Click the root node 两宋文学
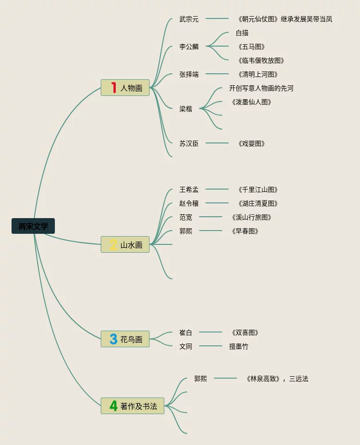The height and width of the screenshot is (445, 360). pyautogui.click(x=33, y=226)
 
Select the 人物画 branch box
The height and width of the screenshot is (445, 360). pyautogui.click(x=125, y=88)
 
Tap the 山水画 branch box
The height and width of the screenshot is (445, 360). pyautogui.click(x=125, y=244)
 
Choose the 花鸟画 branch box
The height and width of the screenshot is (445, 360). pyautogui.click(x=125, y=339)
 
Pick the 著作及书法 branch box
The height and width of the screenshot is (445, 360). pyautogui.click(x=133, y=406)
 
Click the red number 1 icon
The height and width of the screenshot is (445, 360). pyautogui.click(x=113, y=88)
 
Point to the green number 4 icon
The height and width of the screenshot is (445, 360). pyautogui.click(x=113, y=406)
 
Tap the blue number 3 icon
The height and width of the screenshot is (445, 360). pyautogui.click(x=113, y=339)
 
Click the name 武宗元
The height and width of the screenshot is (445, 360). pyautogui.click(x=189, y=19)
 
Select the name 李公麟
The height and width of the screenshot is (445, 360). pyautogui.click(x=189, y=47)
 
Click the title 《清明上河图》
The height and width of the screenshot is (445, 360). pyautogui.click(x=258, y=74)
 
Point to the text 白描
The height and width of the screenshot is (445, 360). pyautogui.click(x=242, y=33)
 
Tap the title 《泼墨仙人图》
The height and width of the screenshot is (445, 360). pyautogui.click(x=251, y=102)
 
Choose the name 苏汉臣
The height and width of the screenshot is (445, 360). pyautogui.click(x=189, y=143)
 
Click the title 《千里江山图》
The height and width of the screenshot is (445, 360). pyautogui.click(x=258, y=190)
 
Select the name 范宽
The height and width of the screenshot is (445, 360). pyautogui.click(x=186, y=217)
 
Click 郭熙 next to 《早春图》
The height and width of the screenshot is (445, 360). pyautogui.click(x=186, y=231)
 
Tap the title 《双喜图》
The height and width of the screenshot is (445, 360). pyautogui.click(x=245, y=332)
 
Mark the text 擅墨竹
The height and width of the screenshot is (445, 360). pyautogui.click(x=239, y=346)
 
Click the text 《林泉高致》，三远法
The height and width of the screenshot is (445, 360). pyautogui.click(x=277, y=379)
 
